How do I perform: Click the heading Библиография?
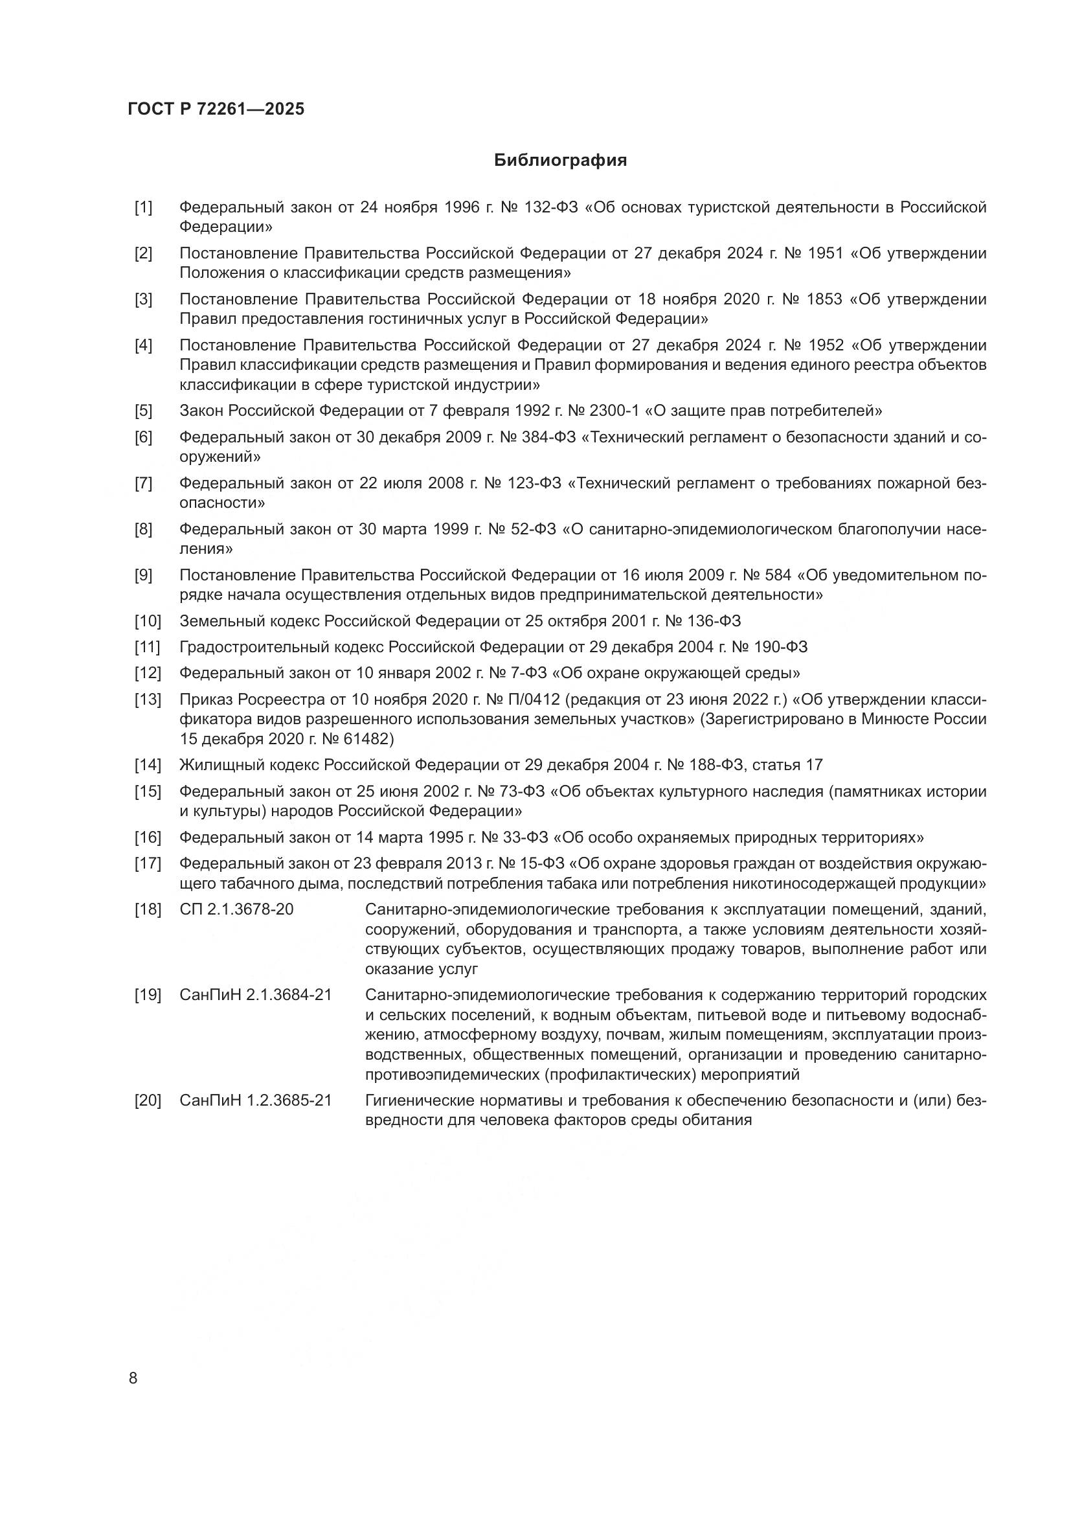click(560, 161)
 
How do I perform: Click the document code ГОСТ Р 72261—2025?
click(216, 109)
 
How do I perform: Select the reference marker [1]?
click(143, 208)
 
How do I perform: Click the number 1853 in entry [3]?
click(824, 300)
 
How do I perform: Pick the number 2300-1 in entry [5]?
click(613, 411)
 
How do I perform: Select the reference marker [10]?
click(148, 621)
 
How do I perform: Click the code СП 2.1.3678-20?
click(236, 910)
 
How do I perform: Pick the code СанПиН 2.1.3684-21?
click(254, 995)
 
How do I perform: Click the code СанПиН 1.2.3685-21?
click(254, 1100)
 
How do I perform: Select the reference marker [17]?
click(148, 864)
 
